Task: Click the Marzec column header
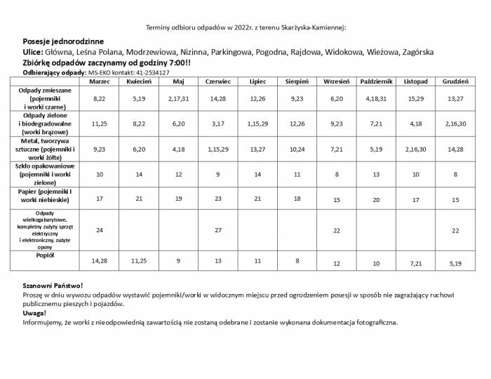[x=100, y=81]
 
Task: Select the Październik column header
[x=376, y=81]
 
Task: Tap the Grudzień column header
[x=456, y=81]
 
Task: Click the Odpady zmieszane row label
[x=45, y=99]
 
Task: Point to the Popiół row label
[x=45, y=255]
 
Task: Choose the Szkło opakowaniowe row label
[x=45, y=173]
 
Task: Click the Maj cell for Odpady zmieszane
[x=179, y=99]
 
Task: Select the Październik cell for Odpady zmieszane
[x=376, y=99]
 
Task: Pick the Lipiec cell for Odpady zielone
[x=257, y=124]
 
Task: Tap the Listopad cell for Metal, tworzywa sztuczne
[x=416, y=149]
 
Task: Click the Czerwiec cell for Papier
[x=218, y=199]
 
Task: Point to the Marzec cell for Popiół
[x=100, y=260]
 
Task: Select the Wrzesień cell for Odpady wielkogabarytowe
[x=337, y=230]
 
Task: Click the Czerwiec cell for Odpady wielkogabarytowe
[x=218, y=230]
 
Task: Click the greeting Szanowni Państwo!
[x=53, y=286]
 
